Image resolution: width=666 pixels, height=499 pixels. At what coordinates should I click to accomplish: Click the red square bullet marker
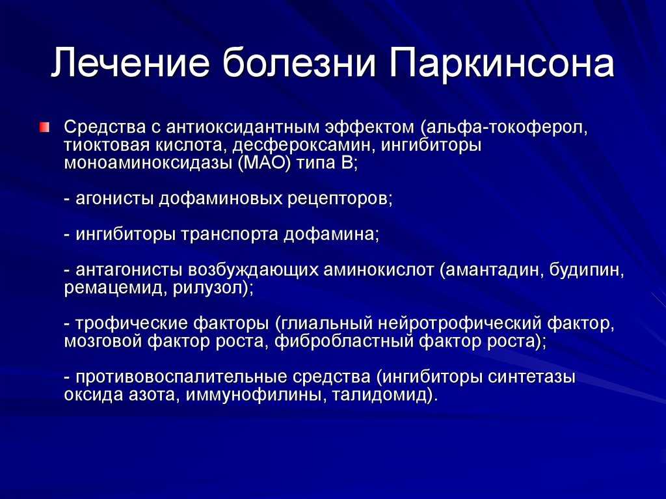(x=45, y=127)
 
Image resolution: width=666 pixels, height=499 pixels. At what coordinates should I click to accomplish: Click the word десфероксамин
(x=304, y=146)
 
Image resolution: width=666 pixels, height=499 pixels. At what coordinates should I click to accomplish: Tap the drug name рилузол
(x=210, y=289)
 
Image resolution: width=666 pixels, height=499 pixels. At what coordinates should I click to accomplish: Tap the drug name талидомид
(x=379, y=396)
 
